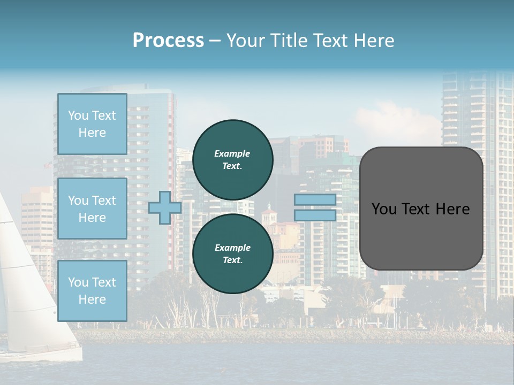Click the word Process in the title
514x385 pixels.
click(168, 41)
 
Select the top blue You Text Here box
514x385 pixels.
click(92, 124)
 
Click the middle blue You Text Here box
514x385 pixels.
click(92, 209)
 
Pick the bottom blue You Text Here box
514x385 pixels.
click(92, 291)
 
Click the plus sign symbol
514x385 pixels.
click(164, 207)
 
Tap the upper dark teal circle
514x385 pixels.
click(232, 159)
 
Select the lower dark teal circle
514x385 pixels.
click(232, 253)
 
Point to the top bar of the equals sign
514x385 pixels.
click(315, 199)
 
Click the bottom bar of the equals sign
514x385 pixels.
click(315, 215)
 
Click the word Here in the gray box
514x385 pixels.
click(452, 209)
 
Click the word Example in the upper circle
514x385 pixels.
click(232, 153)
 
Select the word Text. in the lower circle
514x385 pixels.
click(232, 260)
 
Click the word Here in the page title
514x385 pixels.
click(373, 41)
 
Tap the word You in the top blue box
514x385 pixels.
click(78, 115)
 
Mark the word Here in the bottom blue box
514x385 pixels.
click(92, 299)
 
